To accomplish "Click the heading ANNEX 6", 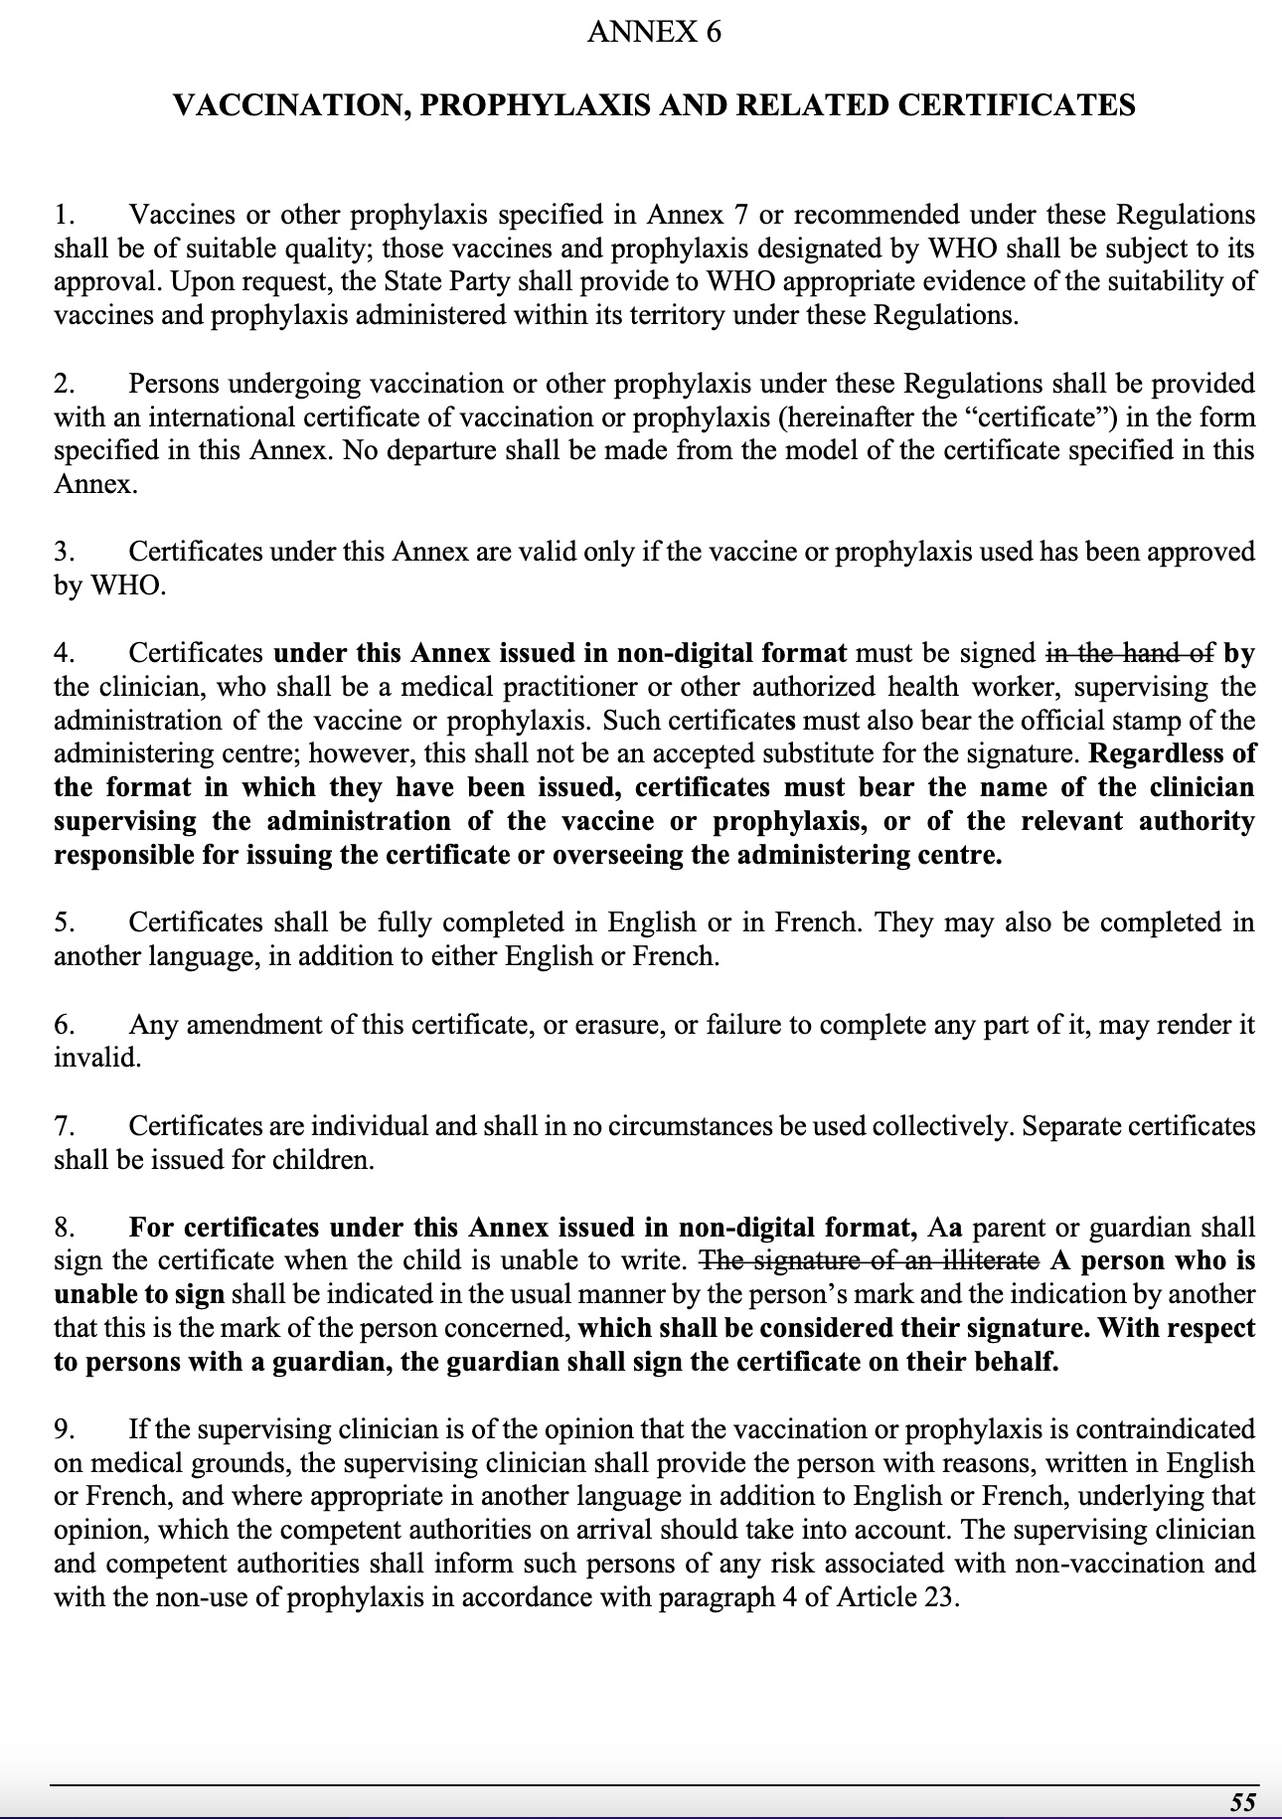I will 654,33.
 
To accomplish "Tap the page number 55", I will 1242,1801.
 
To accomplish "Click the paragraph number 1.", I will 63,215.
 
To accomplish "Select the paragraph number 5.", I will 63,922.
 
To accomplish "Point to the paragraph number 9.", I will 63,1429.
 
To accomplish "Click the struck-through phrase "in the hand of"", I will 1130,653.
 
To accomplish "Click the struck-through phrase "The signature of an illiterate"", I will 871,1260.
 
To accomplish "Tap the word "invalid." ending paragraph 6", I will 97,1058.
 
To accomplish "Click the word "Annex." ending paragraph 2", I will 95,485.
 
